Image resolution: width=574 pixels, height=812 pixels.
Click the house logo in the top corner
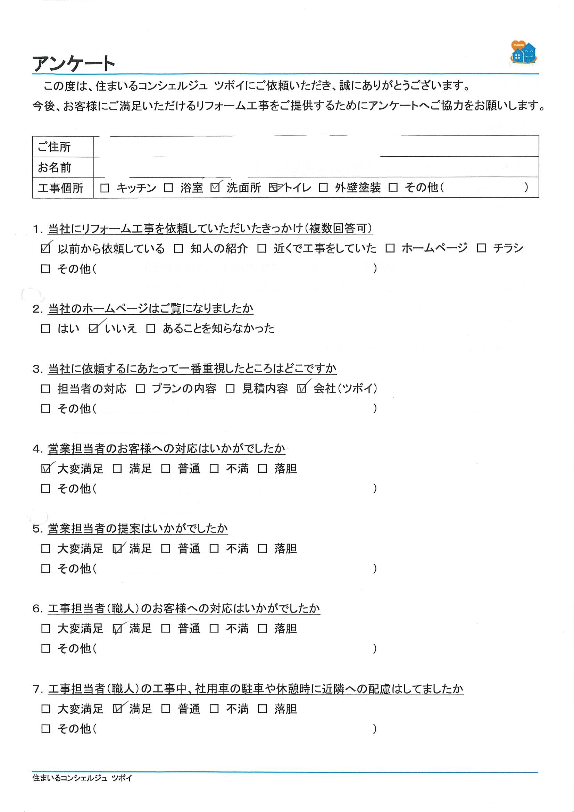tap(523, 53)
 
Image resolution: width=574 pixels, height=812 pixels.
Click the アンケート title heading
tap(74, 64)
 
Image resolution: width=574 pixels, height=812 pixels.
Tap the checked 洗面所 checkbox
tap(215, 188)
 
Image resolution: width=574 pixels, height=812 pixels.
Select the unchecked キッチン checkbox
tap(105, 188)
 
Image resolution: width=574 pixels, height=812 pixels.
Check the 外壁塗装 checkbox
tap(323, 188)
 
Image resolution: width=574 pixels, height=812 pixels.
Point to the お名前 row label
tap(55, 167)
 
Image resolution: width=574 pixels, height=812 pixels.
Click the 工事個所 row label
tap(60, 188)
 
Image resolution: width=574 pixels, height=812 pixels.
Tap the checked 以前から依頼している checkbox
tap(45, 249)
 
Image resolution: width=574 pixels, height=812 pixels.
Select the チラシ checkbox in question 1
tap(481, 248)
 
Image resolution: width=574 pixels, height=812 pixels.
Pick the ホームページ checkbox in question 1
tap(390, 248)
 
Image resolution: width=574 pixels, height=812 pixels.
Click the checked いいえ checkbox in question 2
tap(94, 329)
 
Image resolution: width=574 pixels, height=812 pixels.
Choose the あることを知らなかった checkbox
tap(151, 329)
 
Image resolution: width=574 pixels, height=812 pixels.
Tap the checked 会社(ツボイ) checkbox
tap(302, 389)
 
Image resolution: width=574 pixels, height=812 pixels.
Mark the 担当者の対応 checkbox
tap(45, 389)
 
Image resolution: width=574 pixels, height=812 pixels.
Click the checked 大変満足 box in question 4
tap(45, 469)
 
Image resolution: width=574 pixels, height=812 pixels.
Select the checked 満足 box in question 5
tap(117, 549)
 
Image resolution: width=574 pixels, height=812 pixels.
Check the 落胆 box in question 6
tap(263, 629)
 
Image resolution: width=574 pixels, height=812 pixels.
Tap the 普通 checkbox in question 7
tap(166, 709)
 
